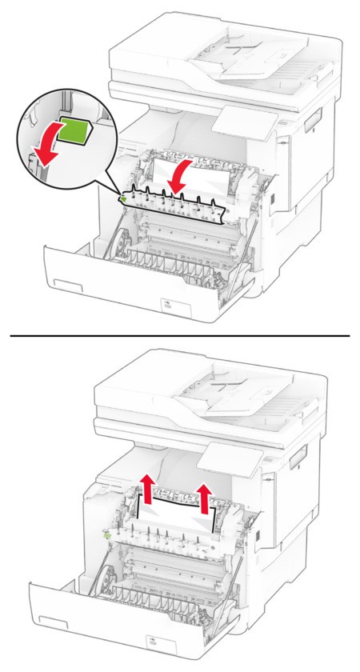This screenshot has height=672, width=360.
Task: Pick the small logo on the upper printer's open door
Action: [166, 305]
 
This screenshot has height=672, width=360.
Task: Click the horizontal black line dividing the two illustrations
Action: [180, 335]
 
